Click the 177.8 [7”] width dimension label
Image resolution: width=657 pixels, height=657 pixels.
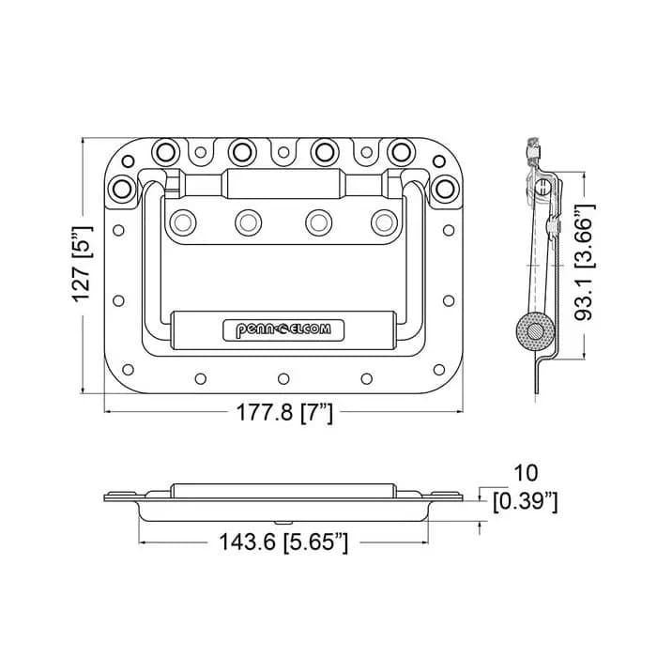pos(285,412)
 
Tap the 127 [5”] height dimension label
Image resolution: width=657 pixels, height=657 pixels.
pos(83,264)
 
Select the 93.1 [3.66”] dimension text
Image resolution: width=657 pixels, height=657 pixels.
pos(585,263)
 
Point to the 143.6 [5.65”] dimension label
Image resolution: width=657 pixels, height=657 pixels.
pos(283,542)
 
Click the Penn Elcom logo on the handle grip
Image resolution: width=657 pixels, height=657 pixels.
pos(283,330)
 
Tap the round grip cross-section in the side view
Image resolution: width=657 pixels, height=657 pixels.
pos(536,333)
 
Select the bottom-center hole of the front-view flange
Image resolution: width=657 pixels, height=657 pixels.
pos(283,379)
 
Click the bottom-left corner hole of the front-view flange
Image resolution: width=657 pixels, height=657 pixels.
pos(128,370)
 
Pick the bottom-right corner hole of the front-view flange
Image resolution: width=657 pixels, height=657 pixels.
pos(439,370)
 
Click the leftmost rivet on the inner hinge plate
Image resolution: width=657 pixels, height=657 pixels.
pos(183,222)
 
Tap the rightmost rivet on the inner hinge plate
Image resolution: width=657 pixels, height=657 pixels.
pos(384,222)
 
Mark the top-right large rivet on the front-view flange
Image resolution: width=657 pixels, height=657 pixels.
pos(401,151)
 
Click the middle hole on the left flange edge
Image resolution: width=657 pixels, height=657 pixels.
pos(118,300)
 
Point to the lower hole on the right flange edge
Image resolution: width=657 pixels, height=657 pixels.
pos(449,300)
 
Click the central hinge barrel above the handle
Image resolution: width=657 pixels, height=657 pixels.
pos(283,184)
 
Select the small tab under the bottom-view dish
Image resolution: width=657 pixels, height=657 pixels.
pos(283,523)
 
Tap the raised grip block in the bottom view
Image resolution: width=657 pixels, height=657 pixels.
pos(283,491)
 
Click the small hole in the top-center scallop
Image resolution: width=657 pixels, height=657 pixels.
pos(283,152)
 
